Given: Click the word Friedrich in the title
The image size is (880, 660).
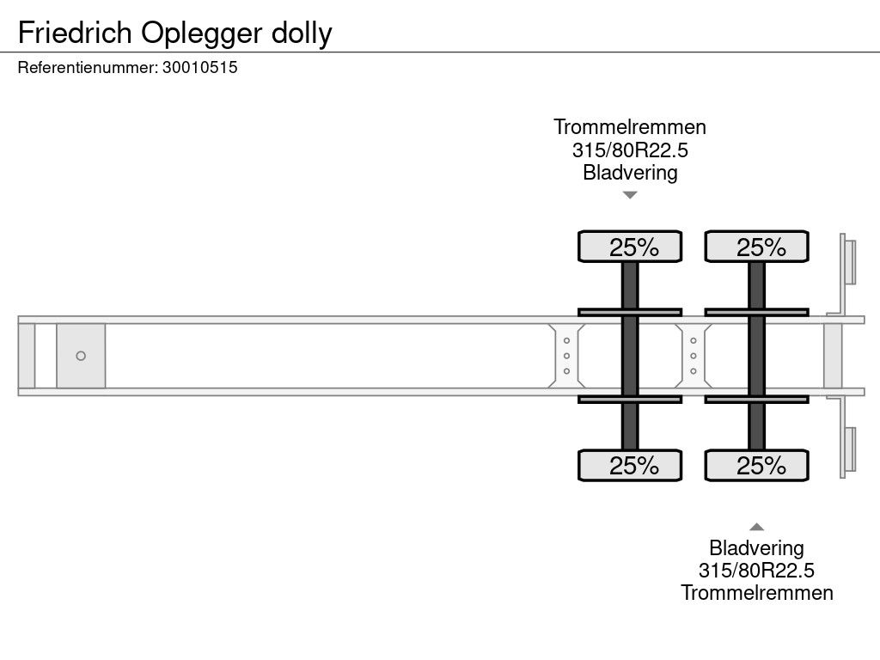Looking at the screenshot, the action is coord(75,33).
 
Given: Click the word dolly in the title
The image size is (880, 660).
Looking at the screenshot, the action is coord(302,34).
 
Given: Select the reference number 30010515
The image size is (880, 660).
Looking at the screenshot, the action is coord(199,67).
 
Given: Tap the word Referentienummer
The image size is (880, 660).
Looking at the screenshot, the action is coord(88,67).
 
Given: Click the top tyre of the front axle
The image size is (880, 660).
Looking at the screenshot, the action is coord(630,246).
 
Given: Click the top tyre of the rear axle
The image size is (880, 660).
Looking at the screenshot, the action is coord(756,246).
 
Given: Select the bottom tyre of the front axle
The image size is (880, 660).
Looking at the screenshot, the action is coord(630,465).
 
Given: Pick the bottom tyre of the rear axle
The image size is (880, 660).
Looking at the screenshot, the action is coord(756,465).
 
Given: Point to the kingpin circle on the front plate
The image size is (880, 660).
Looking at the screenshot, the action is coord(81,356).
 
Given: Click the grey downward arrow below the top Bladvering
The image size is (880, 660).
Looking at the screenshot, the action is coord(630,195).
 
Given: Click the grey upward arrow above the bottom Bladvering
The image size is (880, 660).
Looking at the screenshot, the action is coord(756,527).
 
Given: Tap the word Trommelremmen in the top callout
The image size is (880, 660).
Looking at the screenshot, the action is coord(630,127).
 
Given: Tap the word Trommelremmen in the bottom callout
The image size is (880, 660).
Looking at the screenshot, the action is coord(756,593).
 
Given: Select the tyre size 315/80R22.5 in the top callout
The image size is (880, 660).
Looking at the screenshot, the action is coord(630,150).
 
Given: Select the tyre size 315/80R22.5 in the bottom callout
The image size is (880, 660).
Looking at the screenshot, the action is coord(756,571).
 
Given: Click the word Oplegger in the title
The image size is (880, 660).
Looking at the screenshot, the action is coord(201,34).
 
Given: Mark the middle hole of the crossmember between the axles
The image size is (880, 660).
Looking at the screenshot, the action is coord(694,356).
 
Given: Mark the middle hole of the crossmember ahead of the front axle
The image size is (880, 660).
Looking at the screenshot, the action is coord(567,356).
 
